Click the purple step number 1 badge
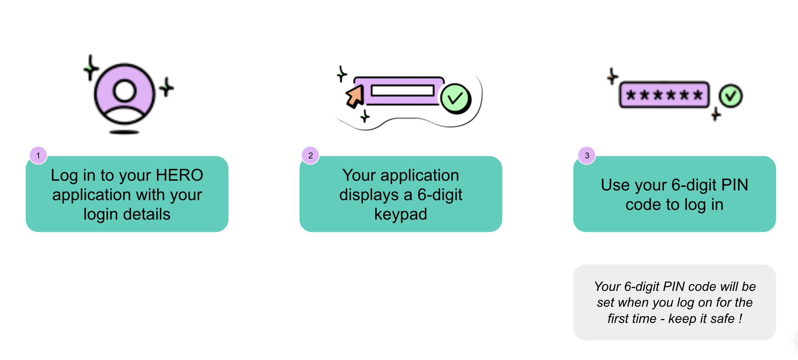pyautogui.click(x=38, y=156)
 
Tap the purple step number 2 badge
pyautogui.click(x=310, y=156)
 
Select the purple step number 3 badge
pyautogui.click(x=587, y=156)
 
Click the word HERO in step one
pyautogui.click(x=179, y=175)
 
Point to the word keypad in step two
pyautogui.click(x=401, y=215)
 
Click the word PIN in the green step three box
pyautogui.click(x=735, y=185)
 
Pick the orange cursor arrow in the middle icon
pyautogui.click(x=355, y=96)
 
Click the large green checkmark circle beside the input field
pyautogui.click(x=456, y=99)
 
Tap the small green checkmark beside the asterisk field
pyautogui.click(x=731, y=96)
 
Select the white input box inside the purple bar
pyautogui.click(x=403, y=90)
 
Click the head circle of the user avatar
pyautogui.click(x=125, y=91)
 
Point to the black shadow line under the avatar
pyautogui.click(x=124, y=132)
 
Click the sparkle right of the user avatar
pyautogui.click(x=166, y=87)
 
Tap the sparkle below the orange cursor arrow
pyautogui.click(x=365, y=116)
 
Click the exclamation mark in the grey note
pyautogui.click(x=740, y=319)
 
